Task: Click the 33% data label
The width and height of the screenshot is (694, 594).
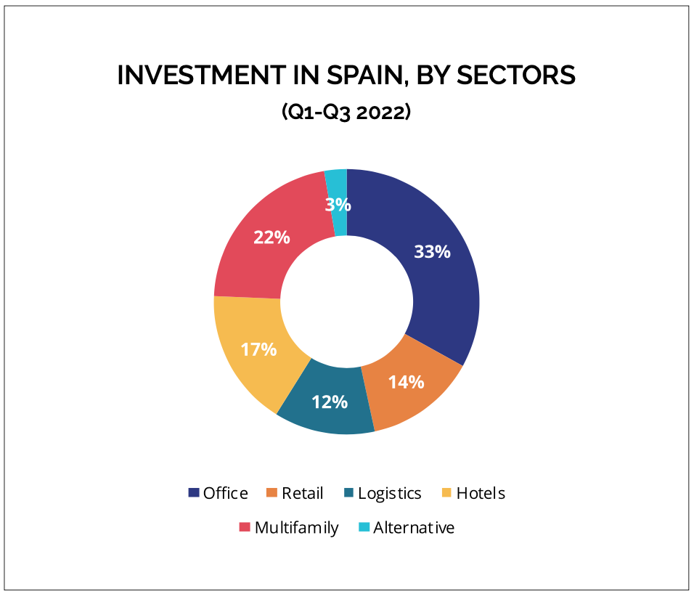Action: click(x=432, y=252)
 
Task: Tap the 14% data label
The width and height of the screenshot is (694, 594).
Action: click(x=407, y=382)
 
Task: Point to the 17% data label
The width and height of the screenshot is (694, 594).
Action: click(x=259, y=349)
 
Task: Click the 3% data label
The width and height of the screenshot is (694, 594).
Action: click(x=338, y=205)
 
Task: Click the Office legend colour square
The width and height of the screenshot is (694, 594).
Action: click(x=194, y=493)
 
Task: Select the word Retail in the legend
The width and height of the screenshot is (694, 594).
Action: click(x=302, y=493)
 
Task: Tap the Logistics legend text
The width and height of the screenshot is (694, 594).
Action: click(x=389, y=493)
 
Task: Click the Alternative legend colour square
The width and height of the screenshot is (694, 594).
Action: click(x=364, y=528)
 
